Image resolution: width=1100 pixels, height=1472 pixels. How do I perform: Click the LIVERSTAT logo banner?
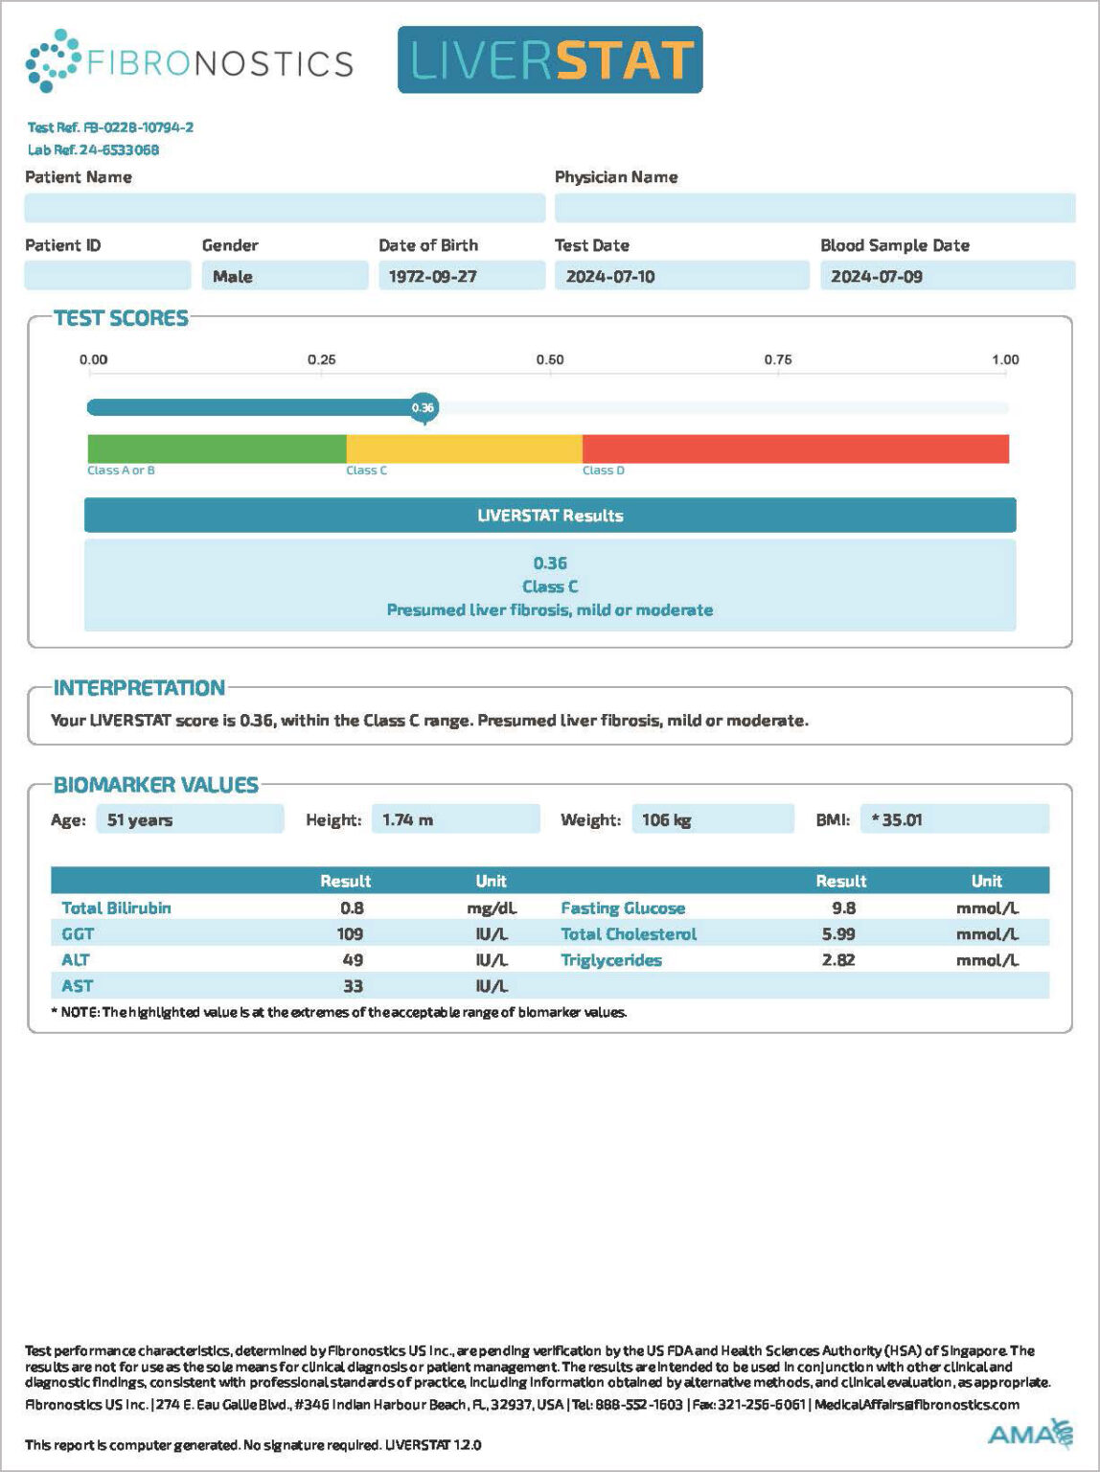[550, 59]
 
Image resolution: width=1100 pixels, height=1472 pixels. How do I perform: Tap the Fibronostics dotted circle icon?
[53, 61]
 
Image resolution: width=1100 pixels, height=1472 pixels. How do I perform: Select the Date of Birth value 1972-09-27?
[433, 276]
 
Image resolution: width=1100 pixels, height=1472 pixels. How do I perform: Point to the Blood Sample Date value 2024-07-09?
[877, 276]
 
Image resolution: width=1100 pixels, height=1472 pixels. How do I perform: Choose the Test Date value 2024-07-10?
[610, 276]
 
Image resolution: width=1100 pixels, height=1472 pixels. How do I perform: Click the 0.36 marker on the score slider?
[423, 407]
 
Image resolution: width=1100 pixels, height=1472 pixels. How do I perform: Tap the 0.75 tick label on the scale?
[778, 359]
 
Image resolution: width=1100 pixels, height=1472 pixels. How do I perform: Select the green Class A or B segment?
[217, 448]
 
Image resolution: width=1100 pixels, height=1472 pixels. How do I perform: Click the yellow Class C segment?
[464, 448]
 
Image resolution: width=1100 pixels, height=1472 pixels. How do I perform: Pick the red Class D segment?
[795, 448]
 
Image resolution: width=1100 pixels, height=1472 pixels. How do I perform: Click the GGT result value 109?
[350, 933]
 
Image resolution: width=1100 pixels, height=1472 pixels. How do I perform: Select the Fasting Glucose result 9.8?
[843, 908]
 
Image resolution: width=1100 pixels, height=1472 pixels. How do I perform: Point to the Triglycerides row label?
[611, 960]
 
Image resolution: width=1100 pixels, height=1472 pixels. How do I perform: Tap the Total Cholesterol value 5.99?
[838, 933]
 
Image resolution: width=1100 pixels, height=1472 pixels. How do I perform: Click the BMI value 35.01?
[901, 819]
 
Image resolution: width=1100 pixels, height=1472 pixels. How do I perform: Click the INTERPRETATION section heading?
[139, 687]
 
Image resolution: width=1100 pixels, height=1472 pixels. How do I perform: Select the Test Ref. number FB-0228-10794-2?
[138, 127]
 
